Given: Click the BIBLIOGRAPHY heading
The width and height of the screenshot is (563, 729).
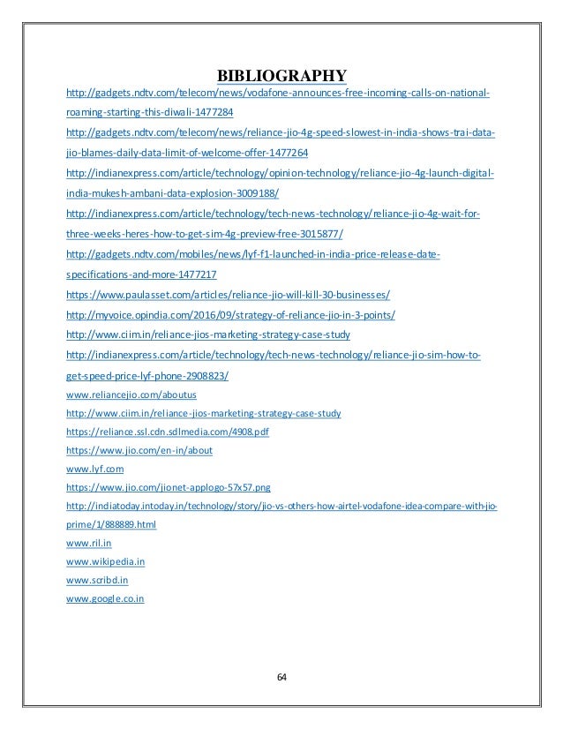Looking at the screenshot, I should click(x=281, y=72).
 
